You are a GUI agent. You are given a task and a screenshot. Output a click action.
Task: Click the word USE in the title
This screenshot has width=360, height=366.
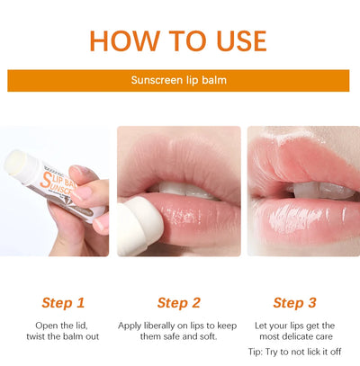(236, 40)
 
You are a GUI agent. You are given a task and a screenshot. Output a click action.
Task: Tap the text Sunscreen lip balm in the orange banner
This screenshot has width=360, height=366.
(179, 80)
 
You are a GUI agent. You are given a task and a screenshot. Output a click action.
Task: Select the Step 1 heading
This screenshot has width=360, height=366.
(63, 302)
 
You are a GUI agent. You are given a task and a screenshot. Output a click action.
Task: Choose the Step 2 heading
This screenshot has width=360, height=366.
(179, 302)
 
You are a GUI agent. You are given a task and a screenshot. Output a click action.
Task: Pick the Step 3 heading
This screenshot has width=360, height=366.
(295, 302)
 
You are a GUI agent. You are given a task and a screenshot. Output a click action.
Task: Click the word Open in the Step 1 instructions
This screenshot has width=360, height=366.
(48, 325)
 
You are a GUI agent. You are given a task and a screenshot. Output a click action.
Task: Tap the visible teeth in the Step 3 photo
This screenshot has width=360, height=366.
(310, 192)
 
